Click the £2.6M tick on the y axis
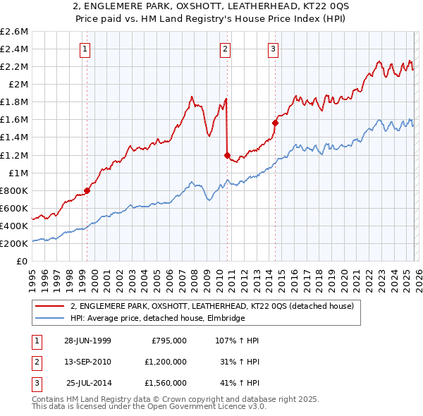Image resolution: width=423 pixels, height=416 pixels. point(14,32)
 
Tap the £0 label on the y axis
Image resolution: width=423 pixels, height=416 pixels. point(22,261)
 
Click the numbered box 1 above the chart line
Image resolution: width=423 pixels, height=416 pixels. point(85,49)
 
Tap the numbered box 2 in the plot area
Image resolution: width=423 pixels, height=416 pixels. point(224,49)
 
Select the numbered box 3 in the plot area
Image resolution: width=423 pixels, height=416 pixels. point(272,49)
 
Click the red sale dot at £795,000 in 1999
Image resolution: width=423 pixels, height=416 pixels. point(87,190)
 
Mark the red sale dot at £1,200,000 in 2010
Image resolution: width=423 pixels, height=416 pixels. point(227,155)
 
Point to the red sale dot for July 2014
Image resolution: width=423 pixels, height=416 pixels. point(275,123)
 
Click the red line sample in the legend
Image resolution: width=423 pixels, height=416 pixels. point(50,306)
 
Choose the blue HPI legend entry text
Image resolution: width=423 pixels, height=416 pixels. point(157,319)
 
